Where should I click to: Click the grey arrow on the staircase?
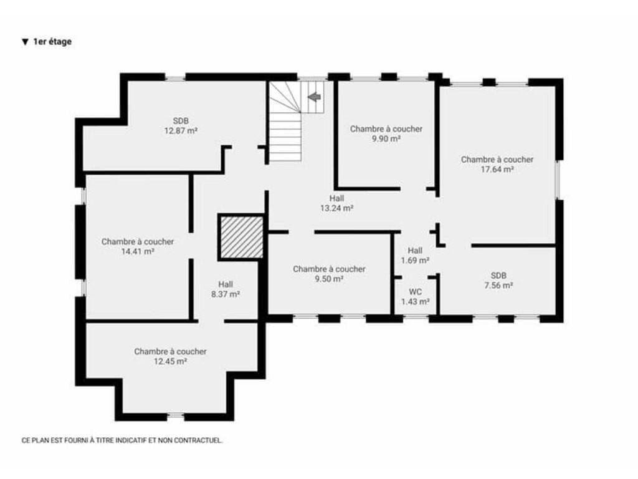(x=315, y=97)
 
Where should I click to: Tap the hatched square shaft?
(x=242, y=236)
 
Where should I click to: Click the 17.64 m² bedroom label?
(x=497, y=164)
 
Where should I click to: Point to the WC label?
(x=416, y=297)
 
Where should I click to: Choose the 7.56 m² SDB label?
(x=498, y=280)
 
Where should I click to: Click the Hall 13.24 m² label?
(x=336, y=203)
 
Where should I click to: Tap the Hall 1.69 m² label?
(x=415, y=255)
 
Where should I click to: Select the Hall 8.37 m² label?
(x=226, y=289)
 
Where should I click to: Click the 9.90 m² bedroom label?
(x=386, y=133)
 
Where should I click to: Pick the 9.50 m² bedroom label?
(x=329, y=274)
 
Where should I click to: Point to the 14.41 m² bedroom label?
(x=138, y=246)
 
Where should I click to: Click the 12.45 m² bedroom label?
(x=170, y=356)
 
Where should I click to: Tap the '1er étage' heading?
(x=52, y=42)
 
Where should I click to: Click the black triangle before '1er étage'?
(x=25, y=42)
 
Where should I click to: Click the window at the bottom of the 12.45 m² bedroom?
(x=176, y=416)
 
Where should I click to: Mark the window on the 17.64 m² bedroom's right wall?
(x=558, y=180)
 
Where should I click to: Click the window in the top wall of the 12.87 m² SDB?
(x=175, y=77)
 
